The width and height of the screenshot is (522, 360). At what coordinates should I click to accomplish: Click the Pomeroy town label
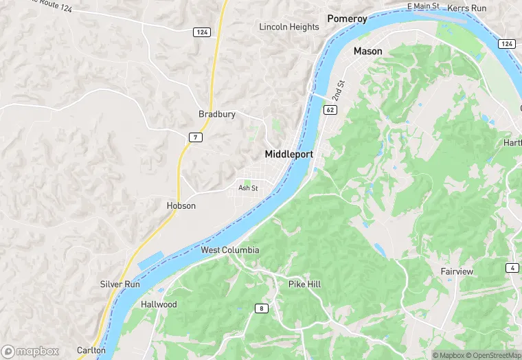tap(347, 19)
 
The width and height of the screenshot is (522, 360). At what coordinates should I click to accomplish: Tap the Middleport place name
tap(288, 155)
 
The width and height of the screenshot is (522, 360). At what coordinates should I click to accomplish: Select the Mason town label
tap(367, 52)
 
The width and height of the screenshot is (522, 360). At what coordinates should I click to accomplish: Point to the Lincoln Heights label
tap(289, 27)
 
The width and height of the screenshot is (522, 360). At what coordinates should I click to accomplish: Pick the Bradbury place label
tap(216, 114)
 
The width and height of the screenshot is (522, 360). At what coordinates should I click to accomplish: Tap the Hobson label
tap(181, 205)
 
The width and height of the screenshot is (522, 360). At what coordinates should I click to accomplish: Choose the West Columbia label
tap(230, 250)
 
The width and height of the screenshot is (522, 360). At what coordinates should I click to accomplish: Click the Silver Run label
tap(120, 284)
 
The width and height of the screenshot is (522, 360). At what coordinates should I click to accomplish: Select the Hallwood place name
tap(159, 304)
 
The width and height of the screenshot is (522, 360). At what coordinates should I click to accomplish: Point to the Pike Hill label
tap(304, 284)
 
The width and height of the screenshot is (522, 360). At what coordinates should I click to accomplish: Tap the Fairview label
tap(457, 271)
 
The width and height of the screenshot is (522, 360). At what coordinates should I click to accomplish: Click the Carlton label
tap(91, 350)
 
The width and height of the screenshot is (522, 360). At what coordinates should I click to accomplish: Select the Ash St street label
tap(248, 188)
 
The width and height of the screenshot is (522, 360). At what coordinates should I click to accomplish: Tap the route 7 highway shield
tap(196, 138)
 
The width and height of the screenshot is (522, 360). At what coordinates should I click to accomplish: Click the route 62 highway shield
tap(331, 109)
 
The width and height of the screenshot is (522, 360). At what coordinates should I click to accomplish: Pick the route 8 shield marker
tap(262, 308)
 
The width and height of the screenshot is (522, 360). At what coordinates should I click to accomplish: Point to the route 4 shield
tap(513, 267)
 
